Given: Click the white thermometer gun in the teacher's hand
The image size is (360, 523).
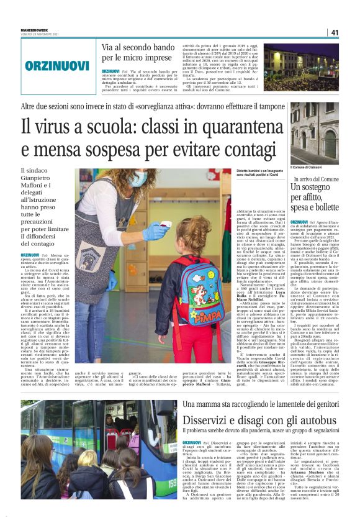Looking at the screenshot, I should click(166, 225).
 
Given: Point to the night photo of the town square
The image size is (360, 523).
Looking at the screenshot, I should click(313, 65).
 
